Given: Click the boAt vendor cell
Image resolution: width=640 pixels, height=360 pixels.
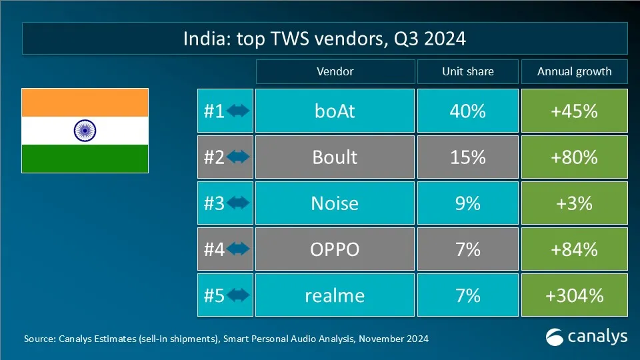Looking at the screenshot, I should pyautogui.click(x=334, y=111).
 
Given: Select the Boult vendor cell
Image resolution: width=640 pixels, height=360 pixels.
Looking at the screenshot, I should pyautogui.click(x=334, y=157).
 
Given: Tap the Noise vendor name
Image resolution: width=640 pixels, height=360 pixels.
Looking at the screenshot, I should pyautogui.click(x=334, y=203).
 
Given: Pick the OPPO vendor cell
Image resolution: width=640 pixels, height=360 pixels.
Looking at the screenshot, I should pyautogui.click(x=334, y=249).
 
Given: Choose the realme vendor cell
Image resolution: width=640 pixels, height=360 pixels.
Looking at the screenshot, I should pyautogui.click(x=334, y=295).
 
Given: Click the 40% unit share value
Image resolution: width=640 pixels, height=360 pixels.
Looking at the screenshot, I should pyautogui.click(x=467, y=111).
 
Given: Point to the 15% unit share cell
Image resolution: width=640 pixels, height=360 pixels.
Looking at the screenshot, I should pyautogui.click(x=467, y=157).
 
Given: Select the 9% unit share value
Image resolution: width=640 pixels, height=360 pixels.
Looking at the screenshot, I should pyautogui.click(x=467, y=203).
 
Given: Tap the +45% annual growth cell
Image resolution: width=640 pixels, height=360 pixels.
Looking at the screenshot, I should pyautogui.click(x=574, y=111).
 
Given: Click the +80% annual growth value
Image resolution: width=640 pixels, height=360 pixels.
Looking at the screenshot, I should pyautogui.click(x=574, y=157).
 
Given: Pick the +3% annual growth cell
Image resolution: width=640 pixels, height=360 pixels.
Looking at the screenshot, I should pyautogui.click(x=574, y=203).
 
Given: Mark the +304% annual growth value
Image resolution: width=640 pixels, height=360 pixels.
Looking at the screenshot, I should pyautogui.click(x=574, y=295).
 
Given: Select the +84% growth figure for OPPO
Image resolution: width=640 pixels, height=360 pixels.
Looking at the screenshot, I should pyautogui.click(x=574, y=249).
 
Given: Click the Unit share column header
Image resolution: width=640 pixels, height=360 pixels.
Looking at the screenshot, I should pyautogui.click(x=467, y=72).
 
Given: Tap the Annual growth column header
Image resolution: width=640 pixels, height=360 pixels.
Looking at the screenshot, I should pyautogui.click(x=574, y=72).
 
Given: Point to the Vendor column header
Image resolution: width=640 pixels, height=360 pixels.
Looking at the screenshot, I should pyautogui.click(x=335, y=72).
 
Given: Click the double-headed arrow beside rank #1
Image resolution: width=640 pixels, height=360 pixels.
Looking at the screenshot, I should pyautogui.click(x=238, y=111).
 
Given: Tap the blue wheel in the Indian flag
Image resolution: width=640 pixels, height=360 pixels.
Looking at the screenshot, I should pyautogui.click(x=85, y=131).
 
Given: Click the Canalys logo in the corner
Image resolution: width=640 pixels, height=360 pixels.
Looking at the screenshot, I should pyautogui.click(x=587, y=337).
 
